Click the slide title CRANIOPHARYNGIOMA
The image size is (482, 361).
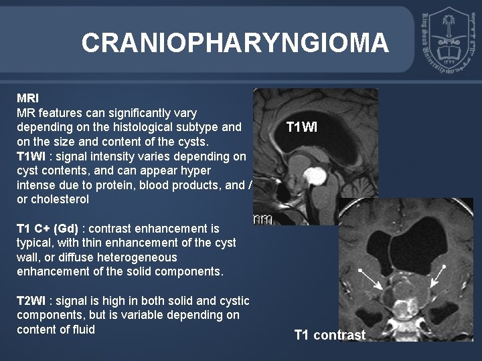pos(234,43)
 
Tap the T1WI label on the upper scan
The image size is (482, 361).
pos(305,125)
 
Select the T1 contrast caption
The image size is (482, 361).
pos(329,335)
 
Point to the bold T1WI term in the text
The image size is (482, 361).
pos(35,156)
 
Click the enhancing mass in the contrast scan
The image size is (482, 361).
pos(402,305)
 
